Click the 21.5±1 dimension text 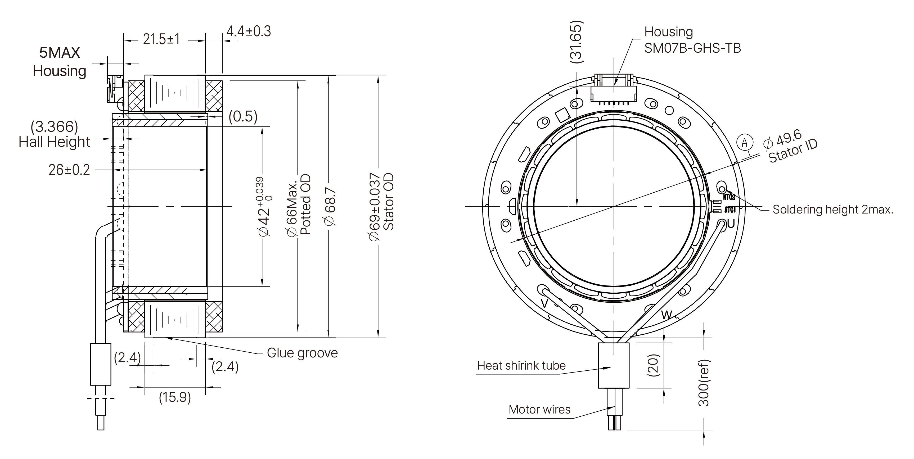(161, 39)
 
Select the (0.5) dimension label (243, 116)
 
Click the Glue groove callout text (302, 353)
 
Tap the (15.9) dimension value (175, 397)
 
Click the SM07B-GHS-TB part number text (692, 48)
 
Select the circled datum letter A (744, 143)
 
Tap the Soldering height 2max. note (833, 210)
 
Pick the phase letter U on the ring (731, 224)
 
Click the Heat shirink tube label (521, 366)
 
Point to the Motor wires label (539, 410)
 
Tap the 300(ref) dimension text (703, 383)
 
